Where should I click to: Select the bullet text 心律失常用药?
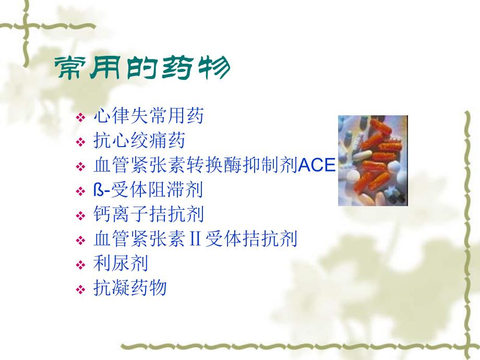[148, 115]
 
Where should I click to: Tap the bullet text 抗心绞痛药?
[139, 140]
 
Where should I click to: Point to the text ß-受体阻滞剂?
[148, 190]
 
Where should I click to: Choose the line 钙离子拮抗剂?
[148, 214]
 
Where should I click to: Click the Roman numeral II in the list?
[195, 239]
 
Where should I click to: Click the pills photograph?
[373, 160]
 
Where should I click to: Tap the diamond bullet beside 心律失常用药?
[80, 117]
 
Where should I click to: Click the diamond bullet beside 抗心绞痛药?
[80, 142]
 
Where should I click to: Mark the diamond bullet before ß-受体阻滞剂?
[80, 191]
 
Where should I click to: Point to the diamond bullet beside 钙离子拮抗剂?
[80, 216]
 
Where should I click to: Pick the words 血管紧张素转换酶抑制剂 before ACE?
[195, 165]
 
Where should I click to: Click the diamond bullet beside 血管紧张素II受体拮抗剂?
[80, 241]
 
